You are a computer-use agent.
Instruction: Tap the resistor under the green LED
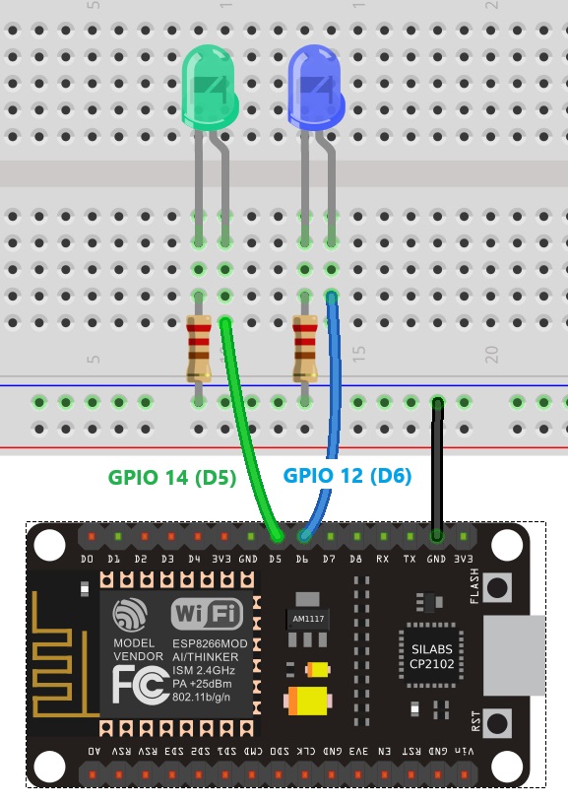(x=199, y=347)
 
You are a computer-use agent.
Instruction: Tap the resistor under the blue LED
(x=305, y=347)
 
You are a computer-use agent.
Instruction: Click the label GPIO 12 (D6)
(x=347, y=476)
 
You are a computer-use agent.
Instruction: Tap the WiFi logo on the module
(x=207, y=616)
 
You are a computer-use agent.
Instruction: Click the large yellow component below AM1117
(x=307, y=702)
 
